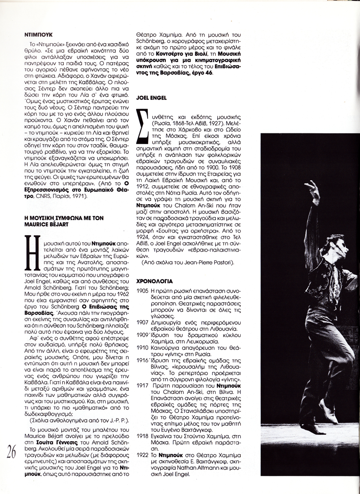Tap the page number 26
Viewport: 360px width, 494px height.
(x=11, y=452)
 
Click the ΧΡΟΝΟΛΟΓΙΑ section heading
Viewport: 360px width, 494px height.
(x=155, y=281)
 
